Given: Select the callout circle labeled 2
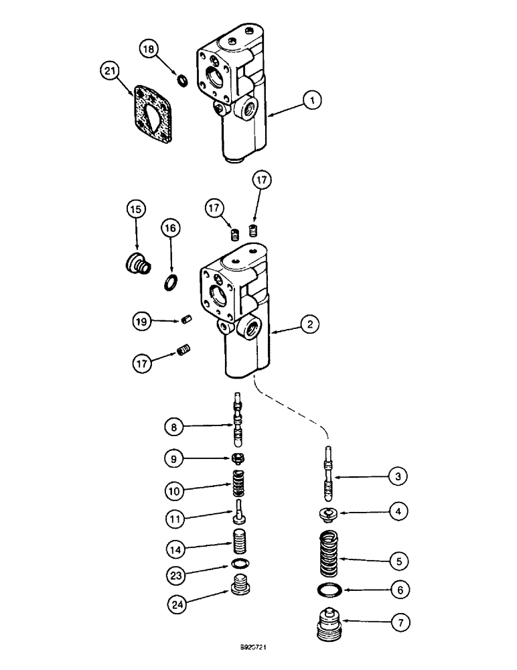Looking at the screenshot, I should click(309, 325).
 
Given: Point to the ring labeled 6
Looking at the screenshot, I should click(327, 590).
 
